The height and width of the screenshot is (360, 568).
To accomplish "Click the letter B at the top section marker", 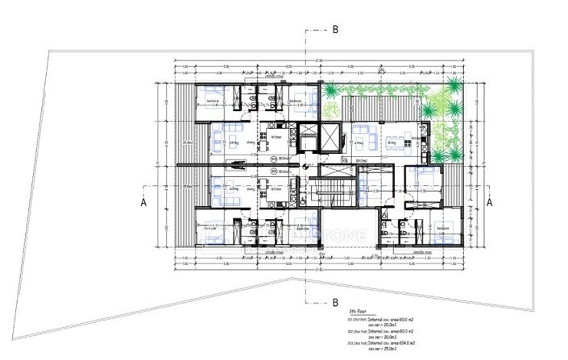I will [335, 29].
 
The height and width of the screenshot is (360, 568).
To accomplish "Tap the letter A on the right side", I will [488, 204].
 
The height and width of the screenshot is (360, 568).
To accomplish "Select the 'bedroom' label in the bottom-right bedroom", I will [442, 229].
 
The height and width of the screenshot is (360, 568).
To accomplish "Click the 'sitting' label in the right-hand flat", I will [361, 142].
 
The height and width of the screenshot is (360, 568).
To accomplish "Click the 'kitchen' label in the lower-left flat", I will [275, 189].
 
